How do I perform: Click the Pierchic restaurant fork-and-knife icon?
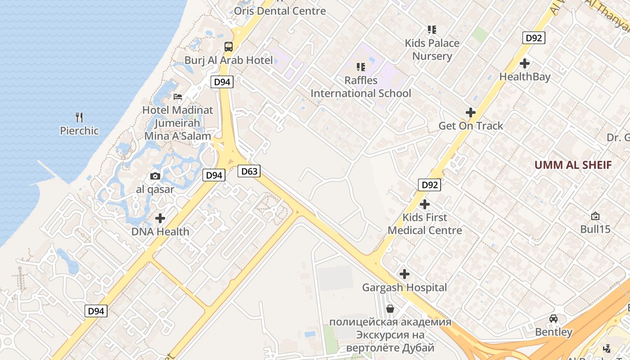[79, 117]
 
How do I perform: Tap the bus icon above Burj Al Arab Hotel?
[229, 47]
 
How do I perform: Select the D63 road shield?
[249, 171]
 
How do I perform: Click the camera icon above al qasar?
[155, 176]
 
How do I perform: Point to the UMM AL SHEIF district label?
[573, 165]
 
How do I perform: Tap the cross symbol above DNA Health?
[160, 219]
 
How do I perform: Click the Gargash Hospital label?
[405, 287]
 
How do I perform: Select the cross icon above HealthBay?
[525, 63]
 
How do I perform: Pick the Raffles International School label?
[361, 87]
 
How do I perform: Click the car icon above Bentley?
[553, 319]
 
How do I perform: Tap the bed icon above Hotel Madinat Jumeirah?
[178, 97]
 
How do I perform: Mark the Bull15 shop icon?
[595, 216]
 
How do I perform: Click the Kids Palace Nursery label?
[432, 49]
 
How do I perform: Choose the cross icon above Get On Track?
[471, 112]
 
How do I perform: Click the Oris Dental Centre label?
[279, 11]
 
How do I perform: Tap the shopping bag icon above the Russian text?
[390, 309]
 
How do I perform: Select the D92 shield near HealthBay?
[534, 38]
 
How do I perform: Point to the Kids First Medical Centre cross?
[424, 204]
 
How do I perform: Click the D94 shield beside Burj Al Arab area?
[222, 82]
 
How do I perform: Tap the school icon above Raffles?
[361, 67]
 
